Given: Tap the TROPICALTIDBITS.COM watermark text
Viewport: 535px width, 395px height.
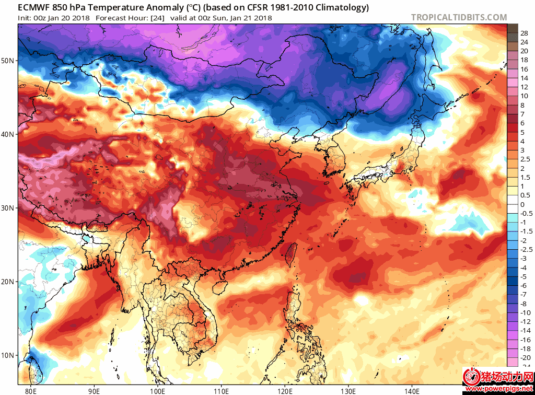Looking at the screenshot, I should pyautogui.click(x=459, y=17).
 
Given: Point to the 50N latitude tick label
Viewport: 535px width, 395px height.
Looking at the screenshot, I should pyautogui.click(x=8, y=61).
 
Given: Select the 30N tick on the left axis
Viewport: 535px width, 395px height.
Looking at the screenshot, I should pyautogui.click(x=8, y=208).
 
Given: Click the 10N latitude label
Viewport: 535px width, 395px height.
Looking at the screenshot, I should pyautogui.click(x=8, y=355).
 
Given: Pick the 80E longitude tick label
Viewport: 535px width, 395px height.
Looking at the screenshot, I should pyautogui.click(x=31, y=389).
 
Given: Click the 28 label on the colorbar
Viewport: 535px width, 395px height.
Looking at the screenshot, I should pyautogui.click(x=524, y=33).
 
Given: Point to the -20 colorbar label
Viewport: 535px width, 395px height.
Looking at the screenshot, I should pyautogui.click(x=525, y=356).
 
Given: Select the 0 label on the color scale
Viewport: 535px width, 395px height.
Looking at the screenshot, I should pyautogui.click(x=522, y=204).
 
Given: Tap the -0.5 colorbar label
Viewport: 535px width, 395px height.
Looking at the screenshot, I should pyautogui.click(x=526, y=213).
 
